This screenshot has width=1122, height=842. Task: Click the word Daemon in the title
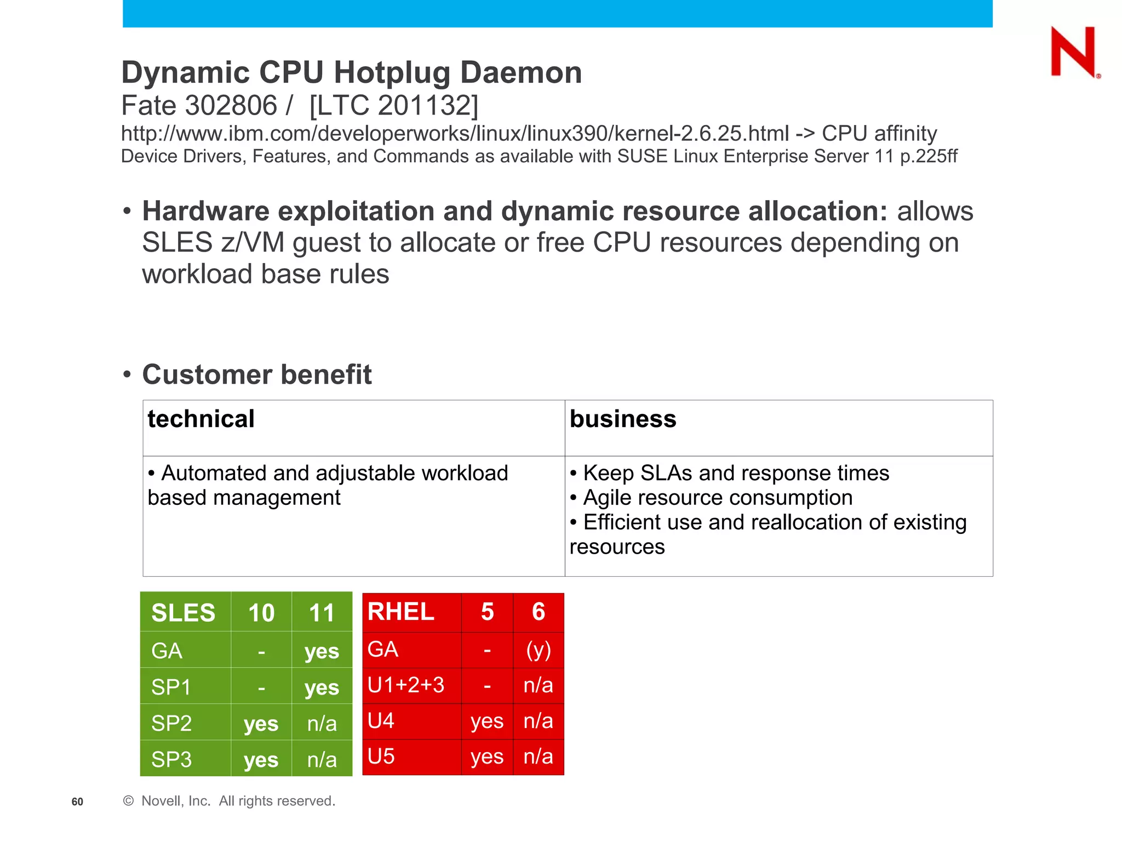[520, 72]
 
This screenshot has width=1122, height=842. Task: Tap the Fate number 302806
[231, 105]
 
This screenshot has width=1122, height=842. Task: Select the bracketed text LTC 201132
[393, 105]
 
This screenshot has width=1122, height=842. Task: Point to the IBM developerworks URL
[455, 134]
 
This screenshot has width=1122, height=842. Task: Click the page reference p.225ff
[929, 156]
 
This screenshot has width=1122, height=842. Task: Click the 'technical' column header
[201, 419]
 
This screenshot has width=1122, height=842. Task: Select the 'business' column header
[623, 419]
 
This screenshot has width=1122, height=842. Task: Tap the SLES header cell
[183, 612]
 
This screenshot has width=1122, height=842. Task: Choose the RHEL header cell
[401, 612]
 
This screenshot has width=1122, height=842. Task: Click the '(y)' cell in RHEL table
[539, 650]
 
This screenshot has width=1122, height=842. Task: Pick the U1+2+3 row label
[406, 685]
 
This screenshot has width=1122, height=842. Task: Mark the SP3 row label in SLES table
[171, 759]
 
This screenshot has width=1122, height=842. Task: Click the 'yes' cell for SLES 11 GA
[322, 651]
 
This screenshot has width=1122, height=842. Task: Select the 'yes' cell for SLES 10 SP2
[261, 724]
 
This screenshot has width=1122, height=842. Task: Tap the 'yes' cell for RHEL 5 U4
[487, 721]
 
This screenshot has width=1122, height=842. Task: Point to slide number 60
[77, 802]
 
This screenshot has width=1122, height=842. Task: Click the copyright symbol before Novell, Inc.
[129, 801]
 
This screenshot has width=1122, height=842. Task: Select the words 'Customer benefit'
[257, 375]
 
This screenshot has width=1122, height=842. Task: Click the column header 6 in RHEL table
[539, 612]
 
